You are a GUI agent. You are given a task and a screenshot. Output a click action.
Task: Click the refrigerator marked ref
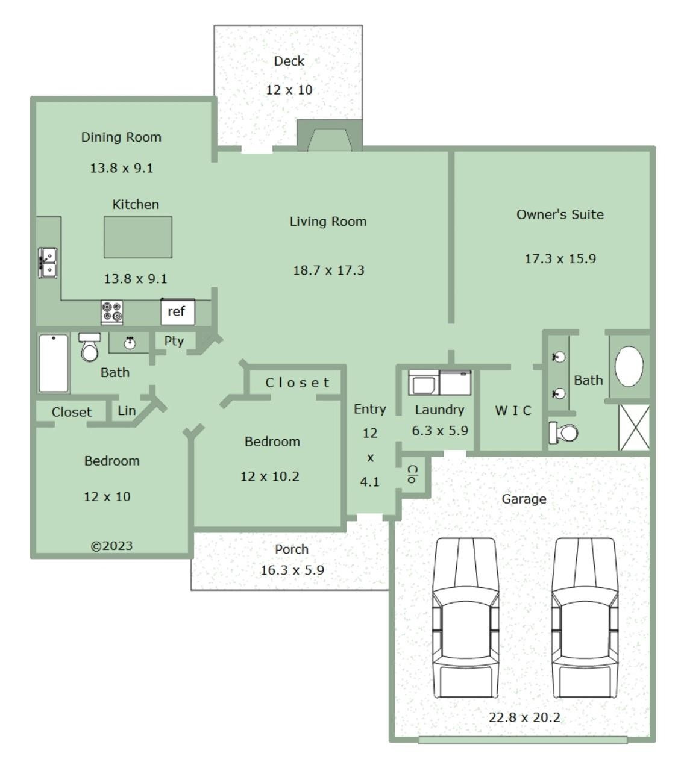tap(178, 311)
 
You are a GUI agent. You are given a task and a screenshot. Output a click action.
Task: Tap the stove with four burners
tap(112, 313)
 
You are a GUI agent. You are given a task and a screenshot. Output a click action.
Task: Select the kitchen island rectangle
tap(138, 237)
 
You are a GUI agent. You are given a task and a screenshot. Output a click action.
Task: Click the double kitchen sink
tap(48, 263)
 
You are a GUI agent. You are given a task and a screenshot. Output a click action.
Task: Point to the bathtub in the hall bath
tap(54, 363)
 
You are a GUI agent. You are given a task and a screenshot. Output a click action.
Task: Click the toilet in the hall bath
tap(90, 347)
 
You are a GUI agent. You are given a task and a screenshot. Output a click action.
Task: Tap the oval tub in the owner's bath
tap(629, 366)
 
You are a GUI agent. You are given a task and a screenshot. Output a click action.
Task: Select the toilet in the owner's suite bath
tap(563, 432)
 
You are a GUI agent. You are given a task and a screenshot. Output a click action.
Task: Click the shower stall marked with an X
tap(634, 427)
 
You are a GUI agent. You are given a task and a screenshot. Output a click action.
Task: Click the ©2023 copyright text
tap(111, 546)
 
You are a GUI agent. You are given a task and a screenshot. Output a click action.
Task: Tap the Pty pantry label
tap(174, 341)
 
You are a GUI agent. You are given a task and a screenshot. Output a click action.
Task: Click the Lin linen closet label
tap(127, 411)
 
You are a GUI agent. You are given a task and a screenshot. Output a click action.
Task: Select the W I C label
tap(513, 411)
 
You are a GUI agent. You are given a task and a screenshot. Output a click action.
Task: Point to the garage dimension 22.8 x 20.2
tap(524, 718)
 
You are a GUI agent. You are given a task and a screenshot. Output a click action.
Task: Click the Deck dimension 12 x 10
tap(289, 90)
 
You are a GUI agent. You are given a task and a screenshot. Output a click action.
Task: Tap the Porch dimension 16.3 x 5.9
tap(292, 570)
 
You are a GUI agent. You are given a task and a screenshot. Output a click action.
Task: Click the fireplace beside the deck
tap(330, 136)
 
